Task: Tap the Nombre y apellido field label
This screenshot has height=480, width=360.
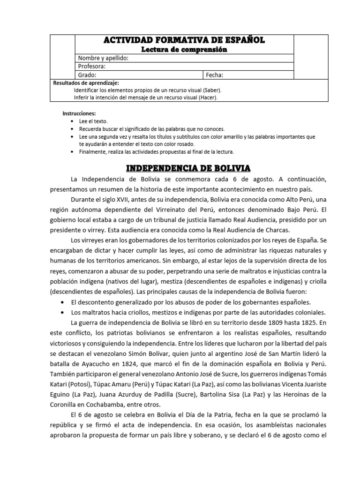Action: [103, 58]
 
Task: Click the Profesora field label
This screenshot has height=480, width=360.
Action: [91, 66]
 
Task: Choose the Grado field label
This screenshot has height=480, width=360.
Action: [87, 75]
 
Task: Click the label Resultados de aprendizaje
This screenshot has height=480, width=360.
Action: [83, 82]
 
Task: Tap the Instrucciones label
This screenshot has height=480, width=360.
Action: [79, 113]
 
